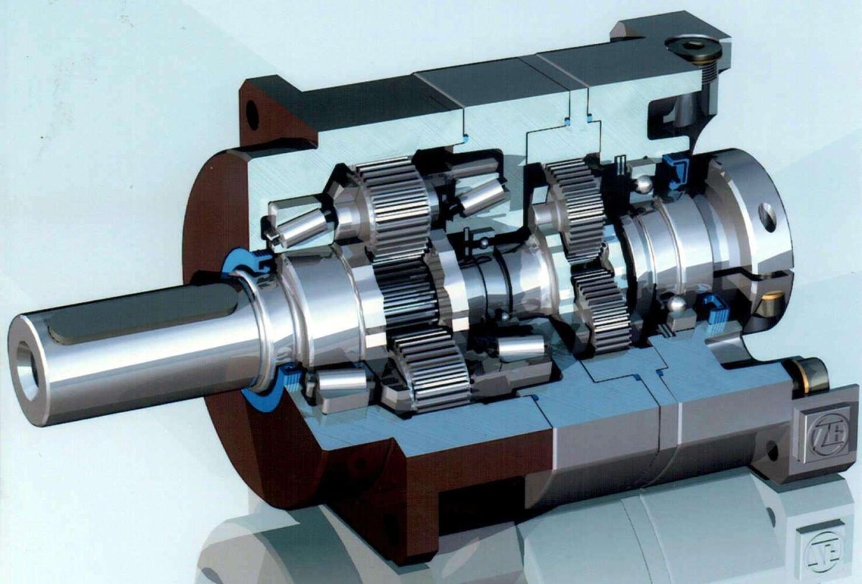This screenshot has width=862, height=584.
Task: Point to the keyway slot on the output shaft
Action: tap(136, 320)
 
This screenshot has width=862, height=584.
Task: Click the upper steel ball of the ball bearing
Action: tap(643, 184)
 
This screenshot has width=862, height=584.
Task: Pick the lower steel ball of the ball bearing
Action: tap(676, 305)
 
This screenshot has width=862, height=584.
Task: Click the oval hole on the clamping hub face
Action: tap(767, 216)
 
